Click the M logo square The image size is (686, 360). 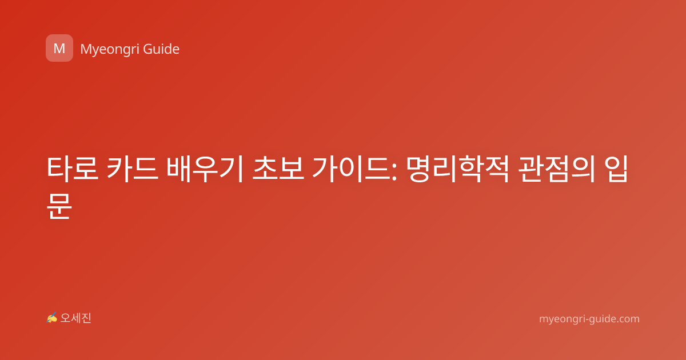59,48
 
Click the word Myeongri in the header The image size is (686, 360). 110,49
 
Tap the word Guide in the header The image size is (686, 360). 161,49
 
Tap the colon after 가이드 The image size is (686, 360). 394,172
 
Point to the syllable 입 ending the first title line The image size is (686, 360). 616,169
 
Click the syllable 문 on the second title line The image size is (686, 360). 59,206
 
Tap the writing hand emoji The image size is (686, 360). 51,318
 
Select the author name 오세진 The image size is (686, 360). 75,318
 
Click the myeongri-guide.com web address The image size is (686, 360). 589,319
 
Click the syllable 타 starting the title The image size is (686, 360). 59,169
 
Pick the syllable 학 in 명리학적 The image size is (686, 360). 470,169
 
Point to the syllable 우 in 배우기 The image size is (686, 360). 205,169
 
